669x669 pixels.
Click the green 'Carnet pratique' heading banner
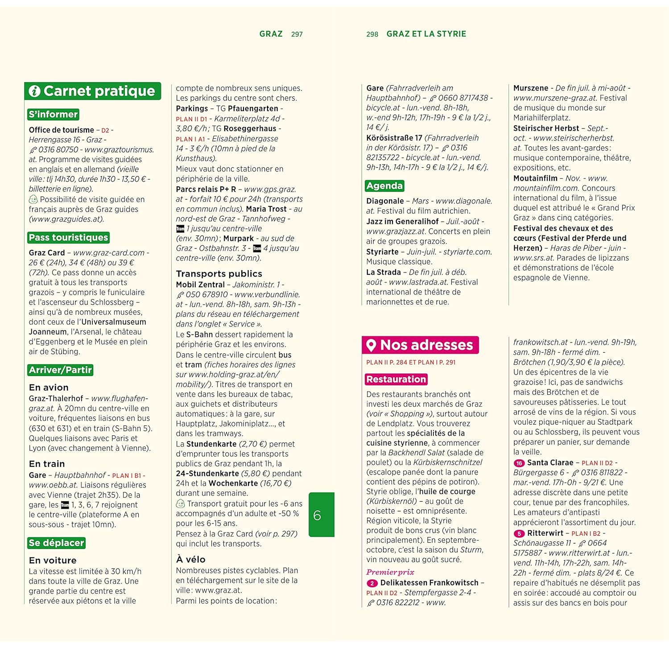(x=92, y=91)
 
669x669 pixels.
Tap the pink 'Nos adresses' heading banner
(x=420, y=345)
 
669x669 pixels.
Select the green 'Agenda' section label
(x=384, y=186)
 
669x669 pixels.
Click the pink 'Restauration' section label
(x=396, y=379)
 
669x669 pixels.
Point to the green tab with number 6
(x=321, y=515)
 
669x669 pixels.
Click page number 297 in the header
(x=297, y=34)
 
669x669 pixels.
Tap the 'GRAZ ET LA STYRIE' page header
(x=426, y=34)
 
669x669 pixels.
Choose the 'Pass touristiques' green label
(x=68, y=237)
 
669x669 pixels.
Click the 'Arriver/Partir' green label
(x=60, y=370)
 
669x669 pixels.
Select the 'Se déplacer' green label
(x=56, y=543)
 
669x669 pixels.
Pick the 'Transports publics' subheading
(x=219, y=273)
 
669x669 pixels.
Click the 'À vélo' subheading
(x=190, y=559)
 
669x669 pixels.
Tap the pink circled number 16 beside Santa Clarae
(x=519, y=463)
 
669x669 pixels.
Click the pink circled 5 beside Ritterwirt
(x=519, y=534)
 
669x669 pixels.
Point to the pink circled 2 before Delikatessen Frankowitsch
(x=372, y=583)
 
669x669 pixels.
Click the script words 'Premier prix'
(x=390, y=572)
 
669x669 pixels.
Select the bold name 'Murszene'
(x=531, y=88)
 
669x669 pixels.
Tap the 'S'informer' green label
(x=53, y=114)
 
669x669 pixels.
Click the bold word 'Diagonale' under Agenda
(x=385, y=201)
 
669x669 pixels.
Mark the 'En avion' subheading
(x=49, y=387)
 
